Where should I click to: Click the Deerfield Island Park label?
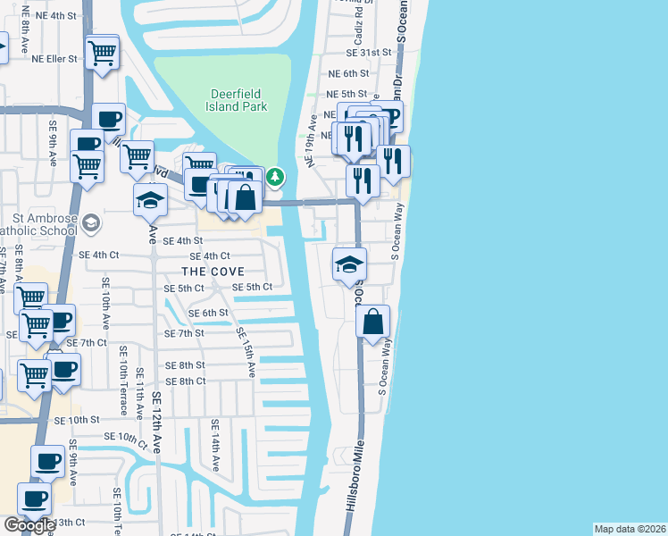(238, 100)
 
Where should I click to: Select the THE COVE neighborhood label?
(213, 271)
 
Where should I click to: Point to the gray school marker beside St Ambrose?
(90, 222)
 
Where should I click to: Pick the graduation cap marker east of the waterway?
(349, 264)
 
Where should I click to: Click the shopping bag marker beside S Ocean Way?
(373, 322)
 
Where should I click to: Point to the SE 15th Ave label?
(246, 351)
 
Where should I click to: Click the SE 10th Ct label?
(125, 438)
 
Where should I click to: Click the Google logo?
(29, 525)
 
